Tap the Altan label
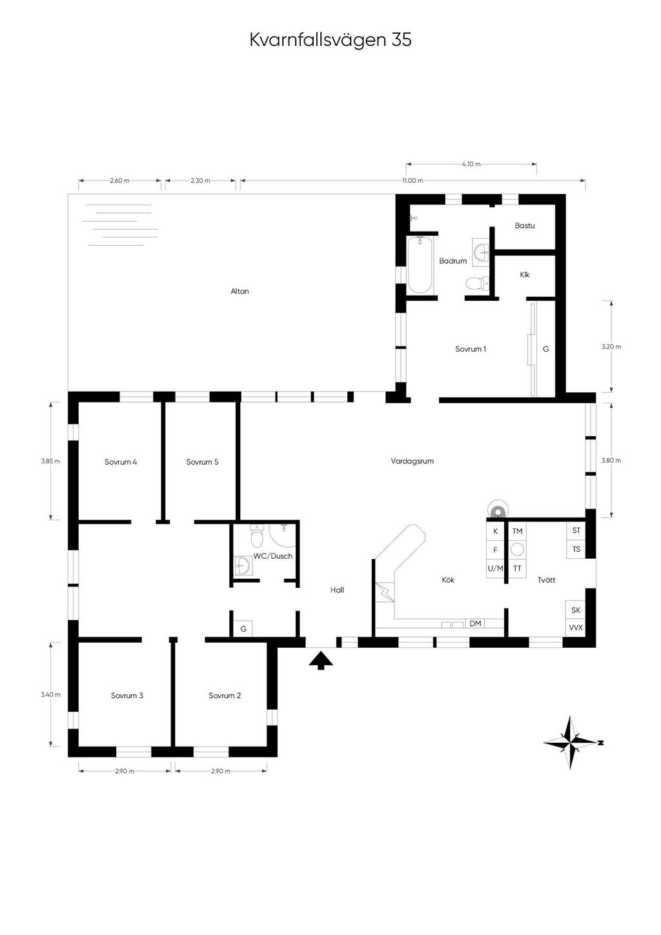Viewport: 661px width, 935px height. click(x=239, y=291)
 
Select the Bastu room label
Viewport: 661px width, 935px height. click(x=524, y=225)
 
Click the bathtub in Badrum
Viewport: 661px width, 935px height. click(x=420, y=265)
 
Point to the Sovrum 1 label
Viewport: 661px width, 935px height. click(x=471, y=349)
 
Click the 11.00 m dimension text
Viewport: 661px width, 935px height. click(x=412, y=181)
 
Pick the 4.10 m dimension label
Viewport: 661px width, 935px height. click(x=471, y=164)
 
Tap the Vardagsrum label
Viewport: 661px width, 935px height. click(x=412, y=461)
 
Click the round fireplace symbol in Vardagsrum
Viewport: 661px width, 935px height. click(x=497, y=510)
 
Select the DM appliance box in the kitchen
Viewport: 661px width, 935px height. click(x=475, y=623)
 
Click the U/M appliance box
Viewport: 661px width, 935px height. click(x=496, y=568)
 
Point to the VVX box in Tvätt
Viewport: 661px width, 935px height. click(x=576, y=628)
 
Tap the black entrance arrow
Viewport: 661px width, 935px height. click(x=321, y=660)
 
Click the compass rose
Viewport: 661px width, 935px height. click(x=571, y=743)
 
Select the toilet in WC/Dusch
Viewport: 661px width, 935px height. click(x=256, y=536)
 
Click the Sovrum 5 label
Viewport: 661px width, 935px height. click(x=202, y=461)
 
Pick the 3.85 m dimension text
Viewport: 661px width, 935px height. click(x=50, y=461)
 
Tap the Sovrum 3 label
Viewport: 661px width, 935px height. click(x=127, y=696)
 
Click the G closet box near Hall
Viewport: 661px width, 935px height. click(x=243, y=628)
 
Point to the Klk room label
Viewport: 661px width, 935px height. click(x=525, y=275)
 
